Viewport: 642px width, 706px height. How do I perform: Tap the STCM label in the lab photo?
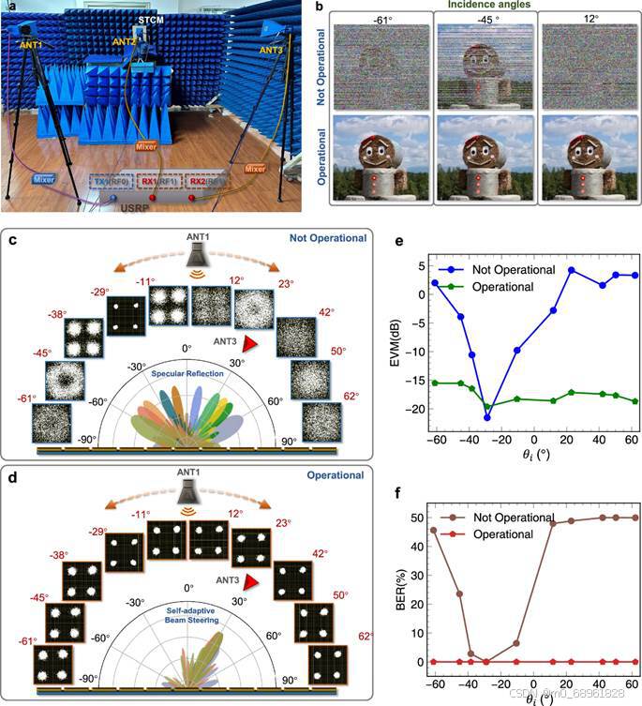150,19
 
